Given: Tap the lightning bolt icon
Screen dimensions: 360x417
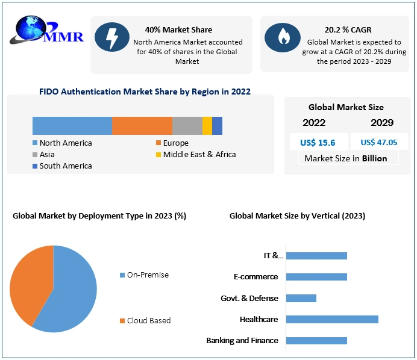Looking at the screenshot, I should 112,37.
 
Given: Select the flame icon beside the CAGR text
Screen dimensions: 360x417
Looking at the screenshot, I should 283,37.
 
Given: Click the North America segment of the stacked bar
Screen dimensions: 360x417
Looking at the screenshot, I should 72,125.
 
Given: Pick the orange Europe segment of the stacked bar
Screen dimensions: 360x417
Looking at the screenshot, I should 142,125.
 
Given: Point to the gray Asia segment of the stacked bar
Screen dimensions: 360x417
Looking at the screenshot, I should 187,125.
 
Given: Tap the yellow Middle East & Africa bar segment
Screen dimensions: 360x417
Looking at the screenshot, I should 207,125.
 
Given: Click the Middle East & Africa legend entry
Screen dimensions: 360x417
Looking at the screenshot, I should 195,154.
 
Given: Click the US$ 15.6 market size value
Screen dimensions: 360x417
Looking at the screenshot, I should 318,143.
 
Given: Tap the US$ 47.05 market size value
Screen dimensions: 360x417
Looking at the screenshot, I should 379,143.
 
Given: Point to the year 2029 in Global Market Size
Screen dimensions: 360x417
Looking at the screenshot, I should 382,123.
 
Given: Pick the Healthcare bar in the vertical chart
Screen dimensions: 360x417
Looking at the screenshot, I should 332,319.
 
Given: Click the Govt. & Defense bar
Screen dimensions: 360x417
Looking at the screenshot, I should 301,298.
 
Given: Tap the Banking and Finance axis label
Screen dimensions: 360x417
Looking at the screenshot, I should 242,341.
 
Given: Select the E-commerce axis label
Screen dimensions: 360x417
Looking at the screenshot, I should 256,277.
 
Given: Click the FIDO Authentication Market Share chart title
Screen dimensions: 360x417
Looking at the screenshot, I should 145,92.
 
